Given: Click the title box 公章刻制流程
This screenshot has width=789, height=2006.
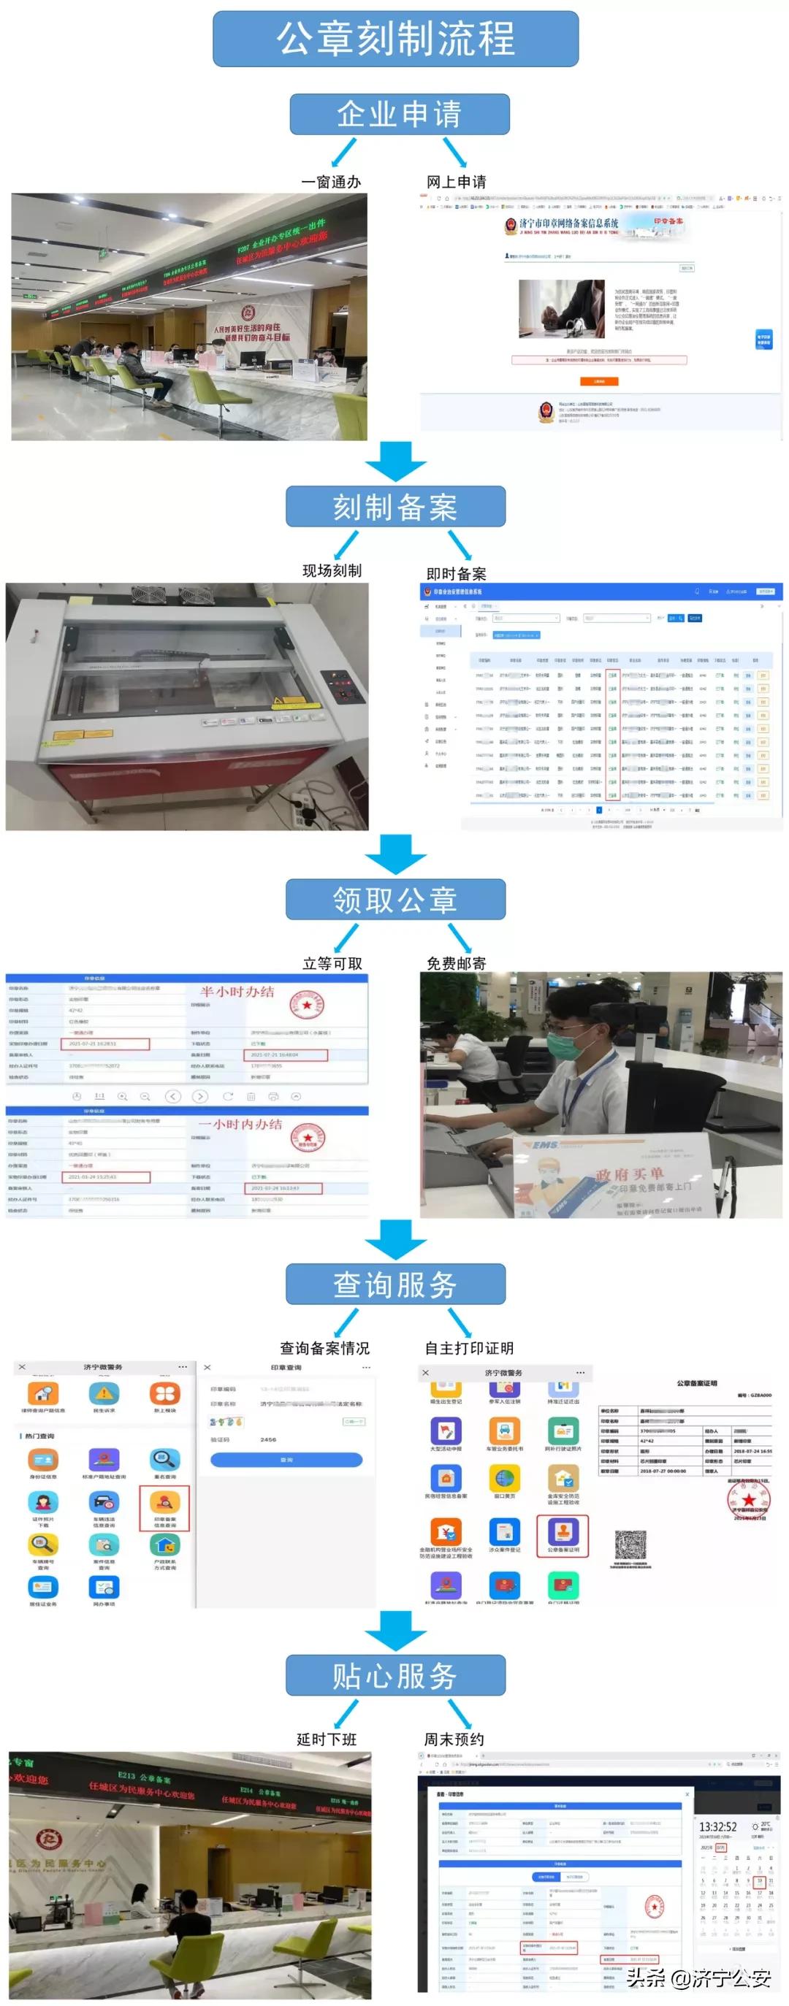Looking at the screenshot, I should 395,39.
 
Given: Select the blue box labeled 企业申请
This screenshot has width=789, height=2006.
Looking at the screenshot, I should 399,115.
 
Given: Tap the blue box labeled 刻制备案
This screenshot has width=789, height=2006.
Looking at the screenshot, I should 395,507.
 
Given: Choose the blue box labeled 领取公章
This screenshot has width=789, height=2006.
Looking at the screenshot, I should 395,900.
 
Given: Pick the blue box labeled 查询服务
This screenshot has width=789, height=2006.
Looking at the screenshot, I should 395,1284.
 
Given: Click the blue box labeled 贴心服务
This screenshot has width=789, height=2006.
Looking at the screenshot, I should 395,1675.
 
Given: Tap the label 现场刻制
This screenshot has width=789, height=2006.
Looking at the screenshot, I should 332,571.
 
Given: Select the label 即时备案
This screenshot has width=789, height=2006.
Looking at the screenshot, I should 457,574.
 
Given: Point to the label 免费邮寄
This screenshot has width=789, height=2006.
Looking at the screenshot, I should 457,963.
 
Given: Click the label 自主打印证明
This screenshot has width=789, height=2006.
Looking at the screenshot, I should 469,1348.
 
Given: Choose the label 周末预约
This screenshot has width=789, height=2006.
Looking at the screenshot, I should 454,1739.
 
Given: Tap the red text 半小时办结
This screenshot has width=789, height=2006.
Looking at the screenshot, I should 237,992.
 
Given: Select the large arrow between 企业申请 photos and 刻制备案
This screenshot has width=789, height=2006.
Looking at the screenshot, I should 396,461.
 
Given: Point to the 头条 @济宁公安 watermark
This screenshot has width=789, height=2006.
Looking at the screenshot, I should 698,1978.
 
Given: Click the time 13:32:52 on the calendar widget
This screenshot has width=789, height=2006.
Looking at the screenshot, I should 717,1826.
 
